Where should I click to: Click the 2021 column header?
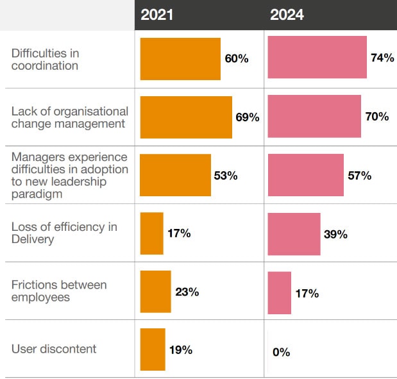(157, 15)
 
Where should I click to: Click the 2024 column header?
(287, 15)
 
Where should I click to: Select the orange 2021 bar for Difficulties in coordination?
(180, 59)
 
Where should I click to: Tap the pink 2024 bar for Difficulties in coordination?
(317, 57)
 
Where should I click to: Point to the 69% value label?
(247, 117)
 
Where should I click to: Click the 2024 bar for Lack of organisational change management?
(314, 116)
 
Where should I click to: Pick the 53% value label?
(225, 176)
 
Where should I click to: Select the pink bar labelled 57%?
(305, 175)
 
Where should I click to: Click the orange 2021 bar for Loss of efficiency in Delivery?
(151, 233)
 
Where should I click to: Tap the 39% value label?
(335, 235)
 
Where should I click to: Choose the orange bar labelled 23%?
(155, 292)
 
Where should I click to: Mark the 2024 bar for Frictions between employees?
(279, 292)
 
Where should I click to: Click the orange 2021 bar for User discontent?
(153, 350)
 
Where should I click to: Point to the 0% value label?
(281, 352)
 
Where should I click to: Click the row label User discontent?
(54, 349)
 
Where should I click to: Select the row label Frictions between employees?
(59, 291)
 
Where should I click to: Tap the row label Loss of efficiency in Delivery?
(64, 233)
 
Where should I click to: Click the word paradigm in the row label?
(36, 194)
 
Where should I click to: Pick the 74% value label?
(382, 58)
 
